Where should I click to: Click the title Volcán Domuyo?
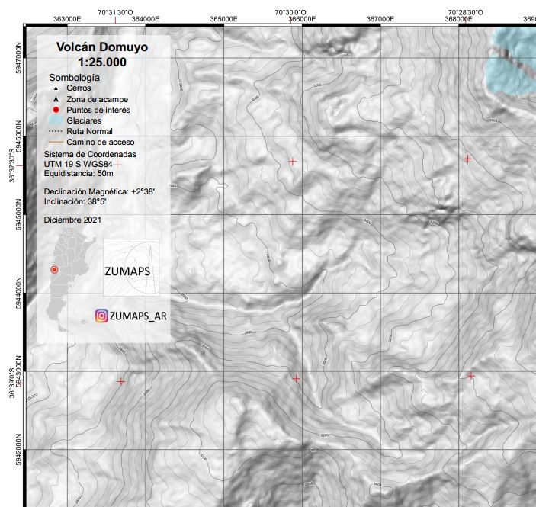pos(102,47)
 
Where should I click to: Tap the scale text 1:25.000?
pos(102,62)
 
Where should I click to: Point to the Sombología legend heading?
pos(74,78)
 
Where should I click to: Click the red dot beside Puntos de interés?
pos(56,110)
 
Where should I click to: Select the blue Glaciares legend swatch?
pos(55,120)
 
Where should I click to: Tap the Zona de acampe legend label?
pos(97,99)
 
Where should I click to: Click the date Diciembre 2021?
pos(72,220)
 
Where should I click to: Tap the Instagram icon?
pos(101,316)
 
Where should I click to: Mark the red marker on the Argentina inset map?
pos(54,270)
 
